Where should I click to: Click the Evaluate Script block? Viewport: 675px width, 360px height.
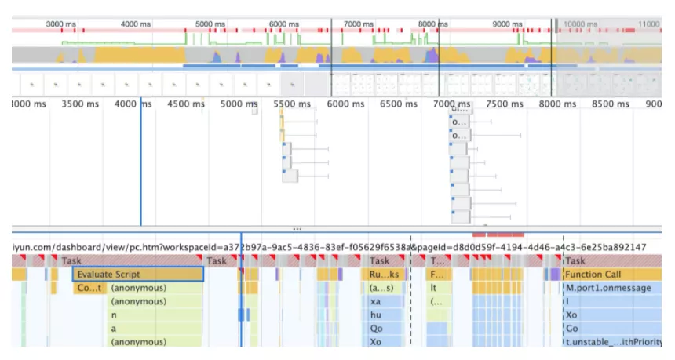click(x=137, y=275)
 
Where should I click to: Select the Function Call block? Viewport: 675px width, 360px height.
click(x=593, y=275)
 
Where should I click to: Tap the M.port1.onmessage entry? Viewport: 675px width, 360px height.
click(x=608, y=288)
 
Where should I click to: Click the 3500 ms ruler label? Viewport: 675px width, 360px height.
click(x=82, y=104)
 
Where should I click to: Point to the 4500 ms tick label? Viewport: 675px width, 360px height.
click(x=187, y=104)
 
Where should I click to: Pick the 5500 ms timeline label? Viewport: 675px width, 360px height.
click(x=291, y=104)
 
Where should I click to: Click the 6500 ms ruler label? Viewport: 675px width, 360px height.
click(x=397, y=104)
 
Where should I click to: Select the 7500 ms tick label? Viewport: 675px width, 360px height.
click(x=503, y=104)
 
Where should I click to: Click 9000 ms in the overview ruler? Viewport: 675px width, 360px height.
click(x=507, y=24)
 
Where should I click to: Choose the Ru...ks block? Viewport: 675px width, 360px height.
click(x=385, y=275)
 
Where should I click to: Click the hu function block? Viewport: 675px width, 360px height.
click(x=377, y=315)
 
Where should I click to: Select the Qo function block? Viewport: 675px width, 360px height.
click(x=377, y=329)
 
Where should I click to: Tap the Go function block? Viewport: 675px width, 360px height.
click(x=572, y=329)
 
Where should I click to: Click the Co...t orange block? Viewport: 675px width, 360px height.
click(x=89, y=288)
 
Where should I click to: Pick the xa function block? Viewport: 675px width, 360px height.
click(x=377, y=302)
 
